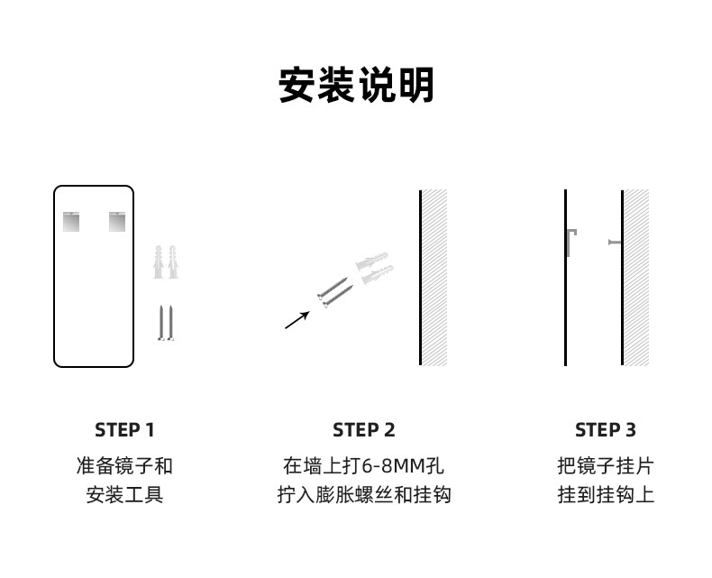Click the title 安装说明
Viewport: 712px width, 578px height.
tap(356, 86)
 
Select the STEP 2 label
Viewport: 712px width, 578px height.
tap(364, 429)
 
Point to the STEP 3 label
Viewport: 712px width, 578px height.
tap(606, 429)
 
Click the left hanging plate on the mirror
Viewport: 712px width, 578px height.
tap(71, 221)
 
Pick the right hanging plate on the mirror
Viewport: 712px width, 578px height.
tap(118, 221)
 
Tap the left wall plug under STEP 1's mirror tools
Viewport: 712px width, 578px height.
tap(160, 261)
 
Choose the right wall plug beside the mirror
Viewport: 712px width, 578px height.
tap(172, 261)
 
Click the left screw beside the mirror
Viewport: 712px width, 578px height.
tap(160, 322)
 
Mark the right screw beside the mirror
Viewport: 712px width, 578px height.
tap(172, 322)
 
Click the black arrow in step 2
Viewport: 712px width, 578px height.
tap(297, 319)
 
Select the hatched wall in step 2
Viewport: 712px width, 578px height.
tap(434, 277)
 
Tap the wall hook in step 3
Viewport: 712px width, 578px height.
tap(615, 242)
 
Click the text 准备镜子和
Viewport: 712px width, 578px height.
tap(124, 466)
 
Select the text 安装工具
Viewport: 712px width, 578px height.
tap(124, 495)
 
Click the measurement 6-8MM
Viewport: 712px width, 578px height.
tap(393, 466)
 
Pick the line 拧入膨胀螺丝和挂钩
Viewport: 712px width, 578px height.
tap(364, 495)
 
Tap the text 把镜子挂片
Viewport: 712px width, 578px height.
tap(606, 466)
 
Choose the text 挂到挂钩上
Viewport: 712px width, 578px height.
tap(606, 495)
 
